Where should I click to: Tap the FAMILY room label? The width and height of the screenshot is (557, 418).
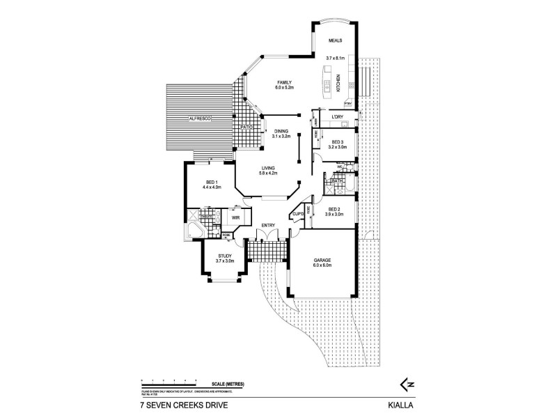284,82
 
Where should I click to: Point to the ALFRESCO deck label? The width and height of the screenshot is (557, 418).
199,120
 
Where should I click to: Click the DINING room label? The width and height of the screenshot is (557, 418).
281,131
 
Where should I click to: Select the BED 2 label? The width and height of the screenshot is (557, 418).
334,209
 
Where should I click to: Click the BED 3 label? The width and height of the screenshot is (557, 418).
338,141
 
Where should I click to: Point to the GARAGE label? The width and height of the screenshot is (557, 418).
322,259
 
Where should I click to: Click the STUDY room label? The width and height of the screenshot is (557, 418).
224,256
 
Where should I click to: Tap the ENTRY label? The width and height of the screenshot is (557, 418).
268,224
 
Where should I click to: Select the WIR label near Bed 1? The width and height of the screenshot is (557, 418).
235,217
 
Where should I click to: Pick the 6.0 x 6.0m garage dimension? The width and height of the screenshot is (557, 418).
322,265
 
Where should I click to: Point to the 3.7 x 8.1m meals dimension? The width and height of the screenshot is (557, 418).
336,57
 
